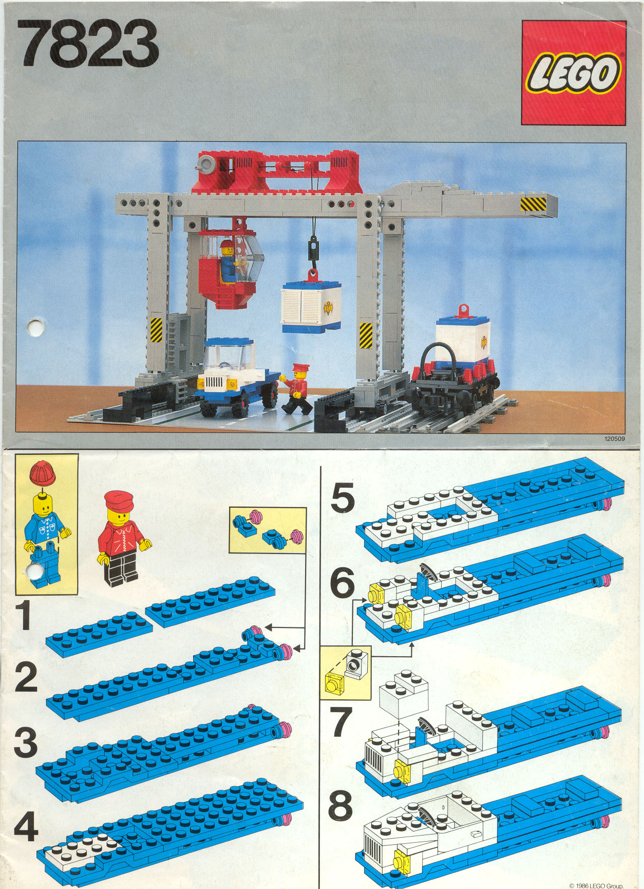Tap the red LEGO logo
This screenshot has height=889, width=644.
click(574, 72)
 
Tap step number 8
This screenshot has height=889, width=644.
click(340, 805)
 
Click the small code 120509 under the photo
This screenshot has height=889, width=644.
click(614, 439)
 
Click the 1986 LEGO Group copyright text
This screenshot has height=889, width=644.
click(596, 885)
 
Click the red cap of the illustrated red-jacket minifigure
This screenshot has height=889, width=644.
click(119, 499)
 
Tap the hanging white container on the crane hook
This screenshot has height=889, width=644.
click(311, 307)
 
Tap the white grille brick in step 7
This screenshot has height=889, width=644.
click(374, 760)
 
